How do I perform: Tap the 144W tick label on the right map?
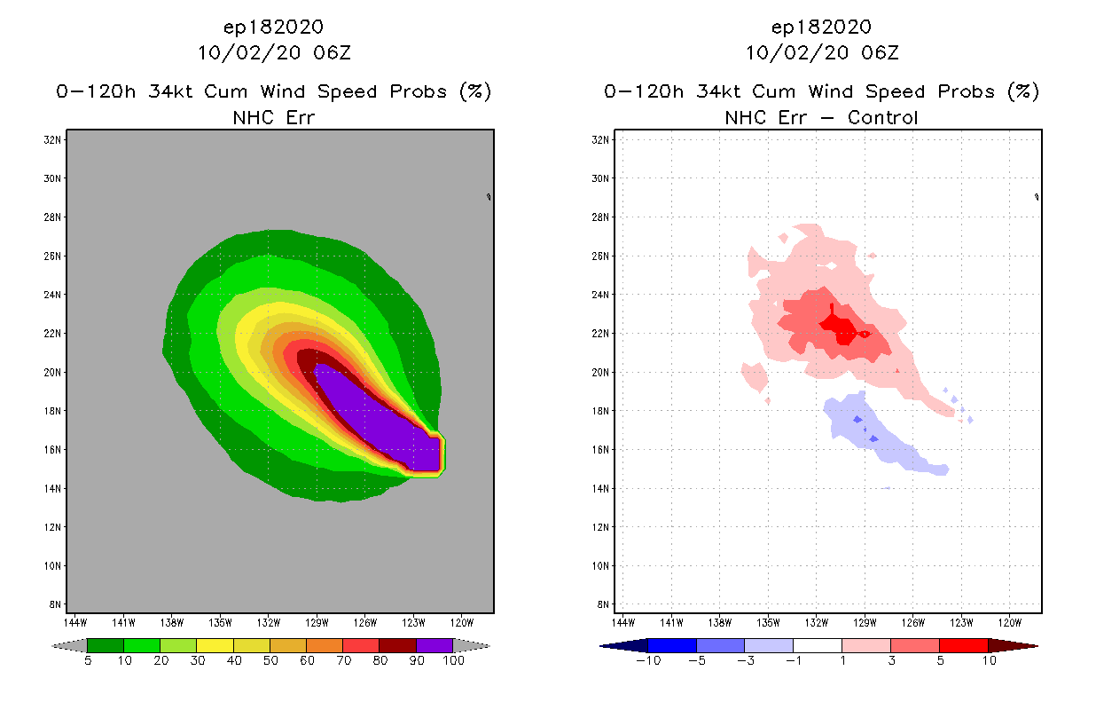tap(624, 622)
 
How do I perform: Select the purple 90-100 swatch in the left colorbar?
tap(434, 645)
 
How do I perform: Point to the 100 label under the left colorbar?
tap(453, 660)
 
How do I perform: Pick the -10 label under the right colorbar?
tap(648, 660)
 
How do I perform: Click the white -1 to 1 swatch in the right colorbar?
tap(817, 645)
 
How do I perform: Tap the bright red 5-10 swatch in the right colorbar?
tap(963, 645)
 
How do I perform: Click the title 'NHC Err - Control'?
tap(821, 117)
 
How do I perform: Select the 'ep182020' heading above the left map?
tap(274, 27)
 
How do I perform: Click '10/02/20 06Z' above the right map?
tap(821, 52)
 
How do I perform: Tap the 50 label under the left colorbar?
tap(270, 660)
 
